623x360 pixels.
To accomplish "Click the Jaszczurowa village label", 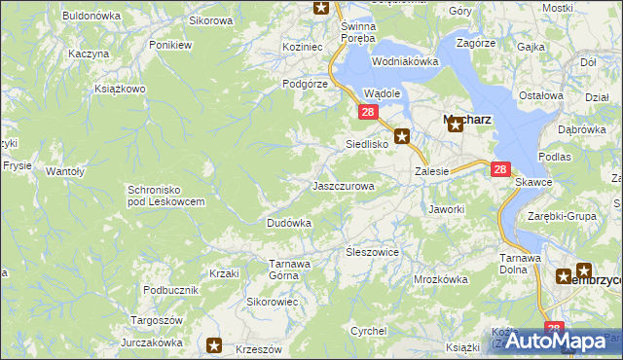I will pos(343,185).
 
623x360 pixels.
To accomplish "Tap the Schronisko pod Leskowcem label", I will pos(165,195).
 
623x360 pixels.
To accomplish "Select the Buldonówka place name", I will pos(91,16).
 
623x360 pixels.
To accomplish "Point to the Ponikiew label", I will pos(170,45).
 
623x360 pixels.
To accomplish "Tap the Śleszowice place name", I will pos(373,251).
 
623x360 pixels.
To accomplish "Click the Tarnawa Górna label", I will pos(289,269).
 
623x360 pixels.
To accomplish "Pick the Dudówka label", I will pos(289,223).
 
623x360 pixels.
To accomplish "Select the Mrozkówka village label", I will pos(440,279).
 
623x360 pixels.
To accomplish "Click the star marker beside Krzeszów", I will pos(214,344).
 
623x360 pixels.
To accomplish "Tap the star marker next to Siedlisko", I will pos(402,138).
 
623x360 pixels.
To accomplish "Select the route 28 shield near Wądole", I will pos(368,113).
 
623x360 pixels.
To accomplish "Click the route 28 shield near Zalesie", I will pos(500,169).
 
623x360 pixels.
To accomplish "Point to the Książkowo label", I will pos(120,89).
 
